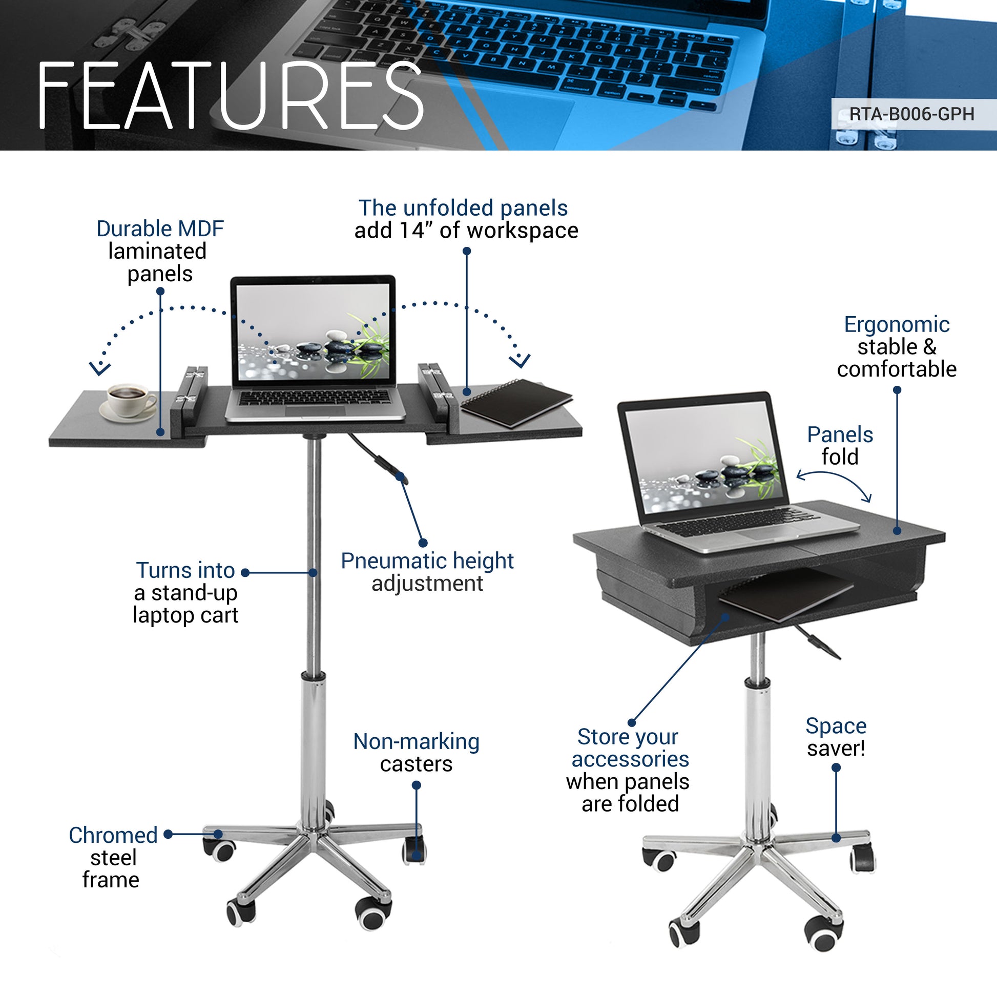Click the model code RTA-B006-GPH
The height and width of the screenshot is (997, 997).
911,114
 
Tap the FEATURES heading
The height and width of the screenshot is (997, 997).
230,96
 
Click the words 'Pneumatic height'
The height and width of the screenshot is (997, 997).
427,561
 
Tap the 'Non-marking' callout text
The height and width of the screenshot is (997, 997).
416,741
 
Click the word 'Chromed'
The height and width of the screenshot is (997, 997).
113,835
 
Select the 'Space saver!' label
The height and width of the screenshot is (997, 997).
836,737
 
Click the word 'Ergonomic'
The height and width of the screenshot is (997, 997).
897,325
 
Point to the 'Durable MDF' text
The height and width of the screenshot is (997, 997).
160,229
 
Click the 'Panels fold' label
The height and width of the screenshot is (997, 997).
840,446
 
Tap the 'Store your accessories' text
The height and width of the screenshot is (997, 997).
630,748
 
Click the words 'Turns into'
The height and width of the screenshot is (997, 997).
185,570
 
